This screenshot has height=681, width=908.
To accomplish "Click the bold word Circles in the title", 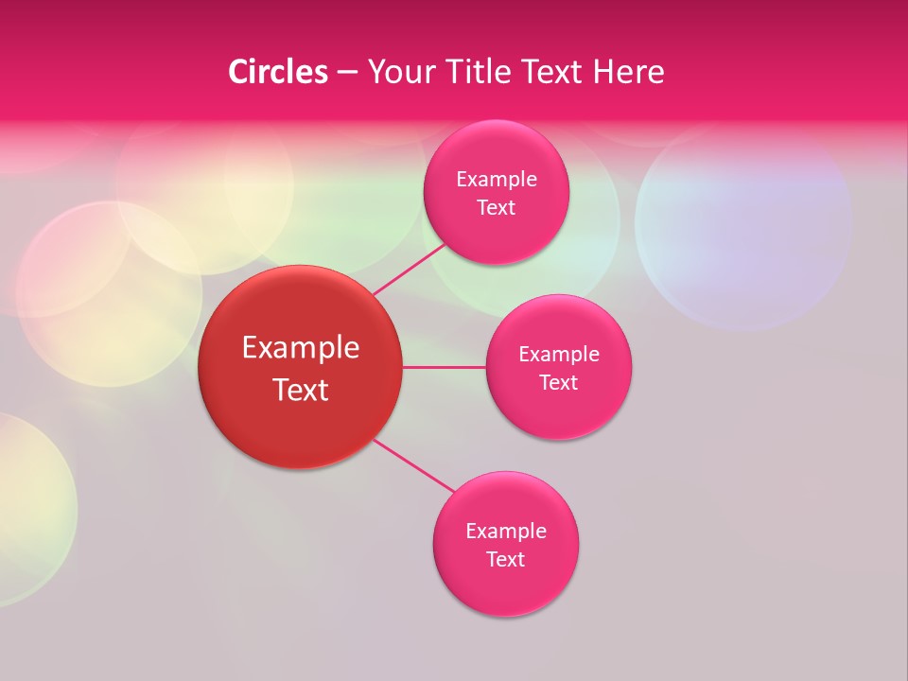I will [x=277, y=72].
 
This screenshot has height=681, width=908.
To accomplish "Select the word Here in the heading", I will [x=628, y=72].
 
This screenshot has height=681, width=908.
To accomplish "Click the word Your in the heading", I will [x=401, y=72].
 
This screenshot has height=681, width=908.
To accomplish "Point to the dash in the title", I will [x=347, y=73].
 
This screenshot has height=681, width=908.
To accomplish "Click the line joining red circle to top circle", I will [x=410, y=268].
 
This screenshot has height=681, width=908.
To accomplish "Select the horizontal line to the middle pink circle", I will [x=444, y=367].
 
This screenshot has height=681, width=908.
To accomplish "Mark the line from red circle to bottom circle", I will [x=413, y=464].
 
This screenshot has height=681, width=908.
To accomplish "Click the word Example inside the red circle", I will [x=301, y=348].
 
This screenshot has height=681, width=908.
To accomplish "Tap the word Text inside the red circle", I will [x=301, y=390].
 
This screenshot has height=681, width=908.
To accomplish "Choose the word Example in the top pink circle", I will [x=497, y=180].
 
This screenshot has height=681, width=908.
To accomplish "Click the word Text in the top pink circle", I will [x=496, y=208].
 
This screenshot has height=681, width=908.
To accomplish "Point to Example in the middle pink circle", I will [x=559, y=355].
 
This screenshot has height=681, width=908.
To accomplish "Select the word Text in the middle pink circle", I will [x=558, y=383].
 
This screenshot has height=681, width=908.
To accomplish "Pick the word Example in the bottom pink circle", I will [x=506, y=532].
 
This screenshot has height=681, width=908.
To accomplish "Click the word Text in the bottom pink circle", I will [x=505, y=560].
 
